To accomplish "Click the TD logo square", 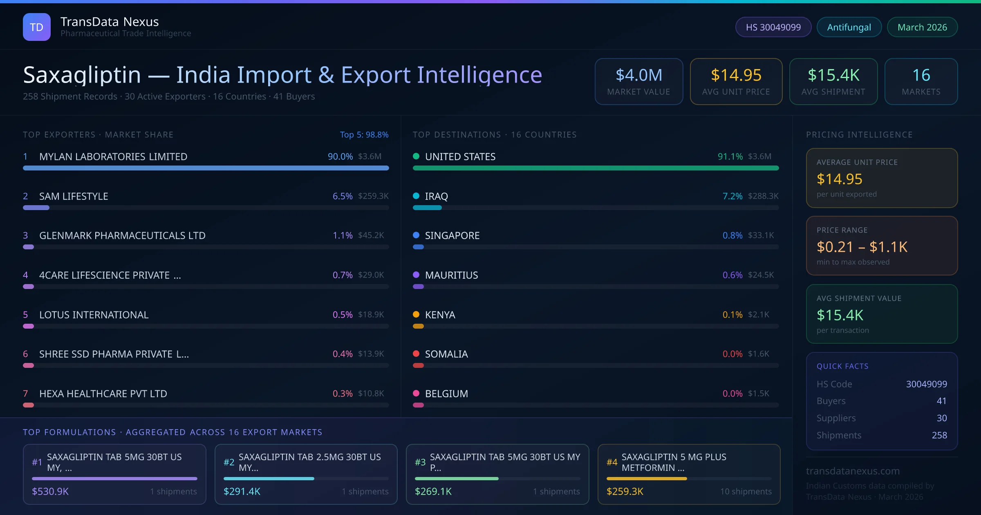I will pos(36,27).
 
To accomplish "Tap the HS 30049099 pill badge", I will pos(773,27).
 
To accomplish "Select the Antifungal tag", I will pos(849,27).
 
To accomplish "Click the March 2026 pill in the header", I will pos(922,27).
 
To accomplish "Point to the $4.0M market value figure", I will pos(638,75).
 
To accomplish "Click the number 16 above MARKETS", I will pos(921,75).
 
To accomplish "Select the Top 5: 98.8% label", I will pos(364,134).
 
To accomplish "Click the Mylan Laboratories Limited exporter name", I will pos(113,157).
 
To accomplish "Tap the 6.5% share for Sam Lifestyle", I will pos(342,196).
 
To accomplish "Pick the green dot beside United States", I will pos(416,156).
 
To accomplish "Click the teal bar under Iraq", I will pos(427,208).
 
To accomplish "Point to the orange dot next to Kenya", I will pos(416,314).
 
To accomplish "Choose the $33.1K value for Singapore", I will pos(761,235).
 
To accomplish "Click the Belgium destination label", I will pos(446,394).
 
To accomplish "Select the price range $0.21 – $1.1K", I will pos(862,247).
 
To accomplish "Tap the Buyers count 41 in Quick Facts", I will pos(941,401).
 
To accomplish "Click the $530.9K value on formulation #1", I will pos(50,491).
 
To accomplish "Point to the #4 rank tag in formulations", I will pos(612,462).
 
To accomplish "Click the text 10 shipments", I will pos(746,491).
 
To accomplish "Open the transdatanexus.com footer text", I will pos(853,471).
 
